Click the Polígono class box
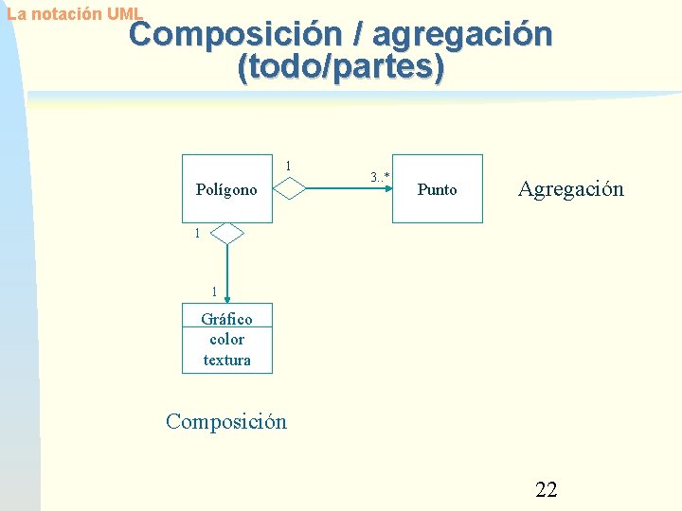(226, 189)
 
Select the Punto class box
(437, 189)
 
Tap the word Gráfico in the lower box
(226, 319)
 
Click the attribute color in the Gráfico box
(226, 339)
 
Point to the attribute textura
(226, 360)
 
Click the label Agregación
(570, 188)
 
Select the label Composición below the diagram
(225, 421)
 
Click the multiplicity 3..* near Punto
(380, 176)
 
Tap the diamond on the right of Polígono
(290, 189)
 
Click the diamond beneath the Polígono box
(227, 233)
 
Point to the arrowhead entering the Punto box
(387, 189)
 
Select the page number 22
(547, 489)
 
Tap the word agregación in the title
(462, 35)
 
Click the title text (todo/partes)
(341, 68)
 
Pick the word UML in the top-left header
(124, 14)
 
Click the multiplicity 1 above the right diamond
(288, 167)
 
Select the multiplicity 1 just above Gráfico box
(215, 291)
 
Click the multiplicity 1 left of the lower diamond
(196, 233)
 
